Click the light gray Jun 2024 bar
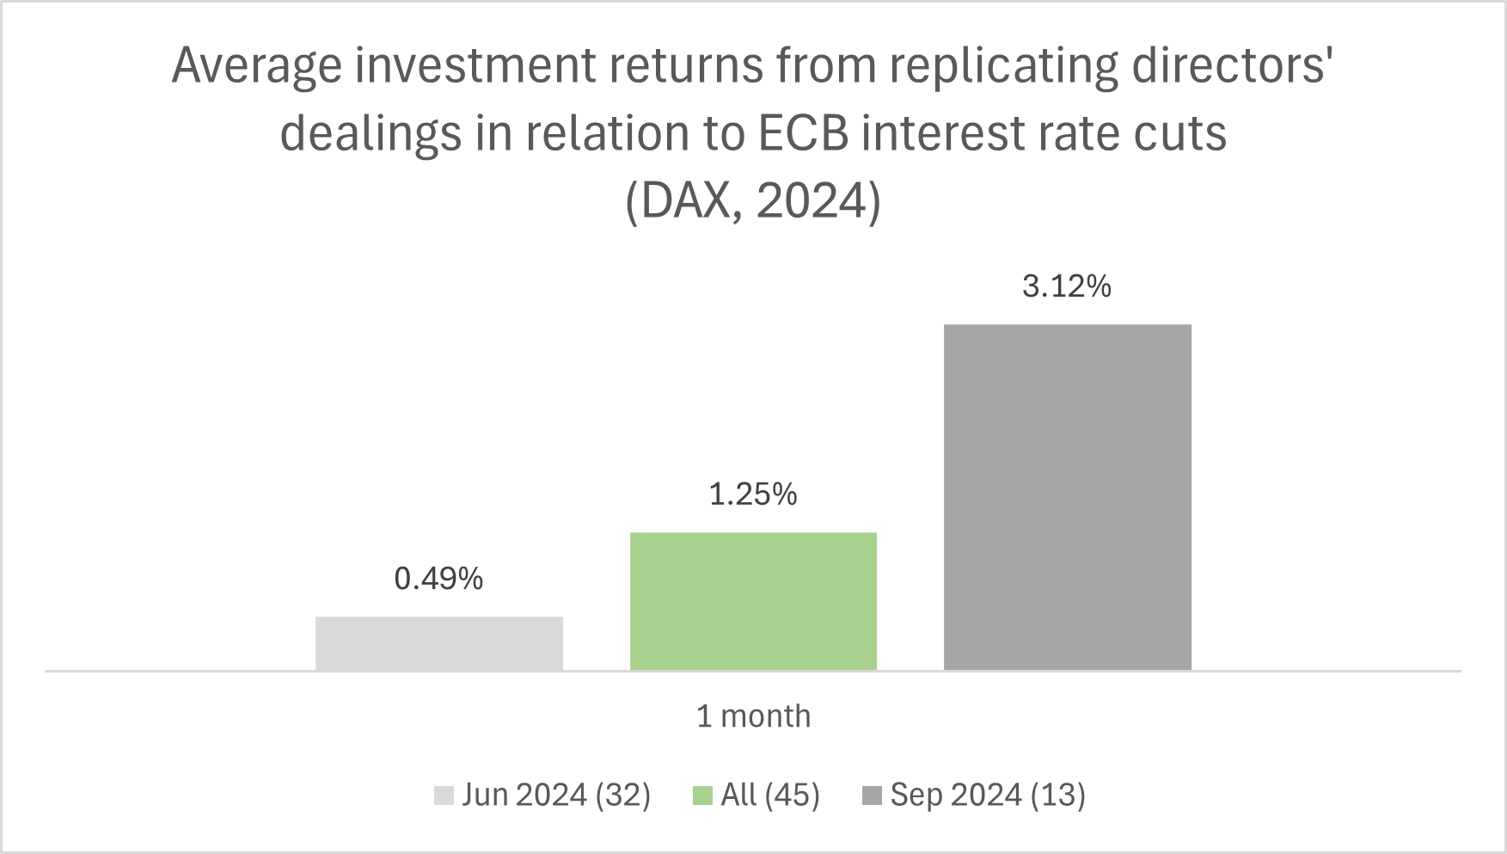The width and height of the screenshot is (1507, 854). point(438,643)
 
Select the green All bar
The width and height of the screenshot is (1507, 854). point(753,601)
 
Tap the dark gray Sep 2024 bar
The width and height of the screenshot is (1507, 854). point(1067,497)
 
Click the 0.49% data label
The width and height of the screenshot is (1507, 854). point(438,579)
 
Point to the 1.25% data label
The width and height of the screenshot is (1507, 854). point(753,495)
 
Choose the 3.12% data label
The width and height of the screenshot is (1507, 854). point(1067,286)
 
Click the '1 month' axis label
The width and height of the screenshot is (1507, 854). point(753,716)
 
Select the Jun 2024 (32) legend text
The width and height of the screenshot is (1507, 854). point(556,795)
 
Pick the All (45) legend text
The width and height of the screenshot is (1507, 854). point(770,795)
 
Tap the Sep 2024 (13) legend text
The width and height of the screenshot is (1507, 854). point(988,795)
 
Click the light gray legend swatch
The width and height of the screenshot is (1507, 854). point(444,796)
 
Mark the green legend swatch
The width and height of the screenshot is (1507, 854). point(702,796)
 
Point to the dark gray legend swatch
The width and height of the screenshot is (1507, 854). point(872,796)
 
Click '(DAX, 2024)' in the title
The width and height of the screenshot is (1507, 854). point(753,202)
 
